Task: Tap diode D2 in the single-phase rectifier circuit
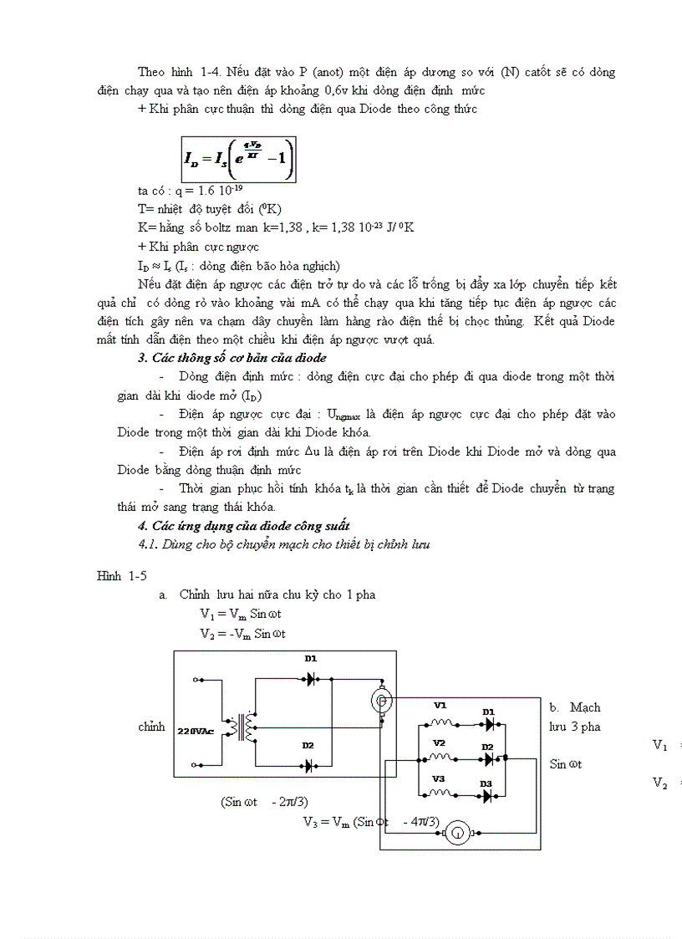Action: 309,765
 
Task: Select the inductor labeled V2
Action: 440,759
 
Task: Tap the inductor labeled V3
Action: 440,795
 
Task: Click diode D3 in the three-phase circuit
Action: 487,797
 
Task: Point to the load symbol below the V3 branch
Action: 456,833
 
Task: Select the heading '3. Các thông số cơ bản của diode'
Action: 232,359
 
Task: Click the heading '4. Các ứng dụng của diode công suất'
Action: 243,525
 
